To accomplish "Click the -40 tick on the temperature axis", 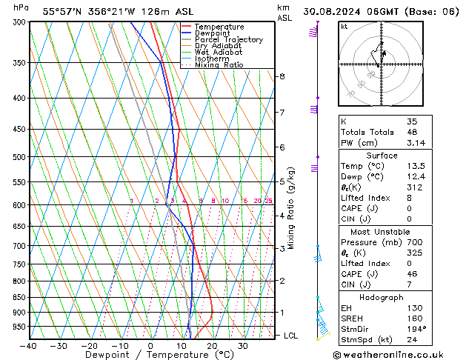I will pos(29,346).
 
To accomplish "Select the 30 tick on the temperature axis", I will pos(242,346).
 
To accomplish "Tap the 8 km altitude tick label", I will pos(282,76).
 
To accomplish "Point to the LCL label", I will pos(292,336).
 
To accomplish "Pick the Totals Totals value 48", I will pos(412,132).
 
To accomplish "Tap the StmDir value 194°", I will pos(417,329).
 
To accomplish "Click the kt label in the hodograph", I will pos(344,27).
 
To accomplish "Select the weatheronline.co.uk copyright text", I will pos(393,354).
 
